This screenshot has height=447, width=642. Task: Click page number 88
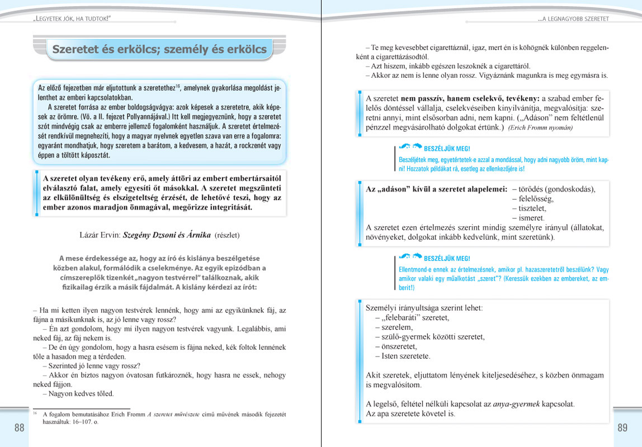[x=20, y=429]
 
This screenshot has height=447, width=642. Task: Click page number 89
[x=622, y=429]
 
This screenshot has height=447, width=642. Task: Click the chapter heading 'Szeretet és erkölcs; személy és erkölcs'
[x=159, y=49]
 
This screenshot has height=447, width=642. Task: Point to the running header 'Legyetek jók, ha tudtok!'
[x=72, y=19]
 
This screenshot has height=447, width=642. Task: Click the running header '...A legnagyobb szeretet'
[x=573, y=19]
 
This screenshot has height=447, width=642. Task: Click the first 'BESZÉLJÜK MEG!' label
[x=447, y=149]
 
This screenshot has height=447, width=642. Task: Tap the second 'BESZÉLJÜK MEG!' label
[x=447, y=258]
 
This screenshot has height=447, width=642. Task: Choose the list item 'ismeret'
[x=528, y=218]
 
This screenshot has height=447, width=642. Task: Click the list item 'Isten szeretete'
[x=403, y=356]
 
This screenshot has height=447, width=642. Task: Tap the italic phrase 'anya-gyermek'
[x=515, y=404]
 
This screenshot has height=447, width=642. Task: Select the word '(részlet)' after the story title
[x=227, y=235]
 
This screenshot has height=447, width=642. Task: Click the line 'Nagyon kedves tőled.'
[x=78, y=393]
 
